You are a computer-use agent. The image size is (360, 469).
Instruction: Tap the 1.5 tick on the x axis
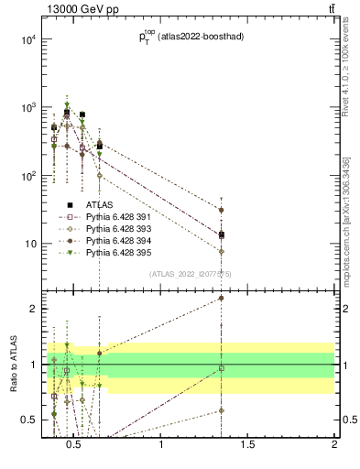pyautogui.click(x=247, y=444)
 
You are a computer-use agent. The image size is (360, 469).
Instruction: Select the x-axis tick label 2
pyautogui.click(x=334, y=444)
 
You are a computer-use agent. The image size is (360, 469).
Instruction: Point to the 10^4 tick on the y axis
pyautogui.click(x=28, y=39)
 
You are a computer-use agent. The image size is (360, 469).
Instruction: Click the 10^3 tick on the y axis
pyautogui.click(x=28, y=108)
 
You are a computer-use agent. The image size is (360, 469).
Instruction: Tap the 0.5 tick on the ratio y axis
pyautogui.click(x=27, y=420)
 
